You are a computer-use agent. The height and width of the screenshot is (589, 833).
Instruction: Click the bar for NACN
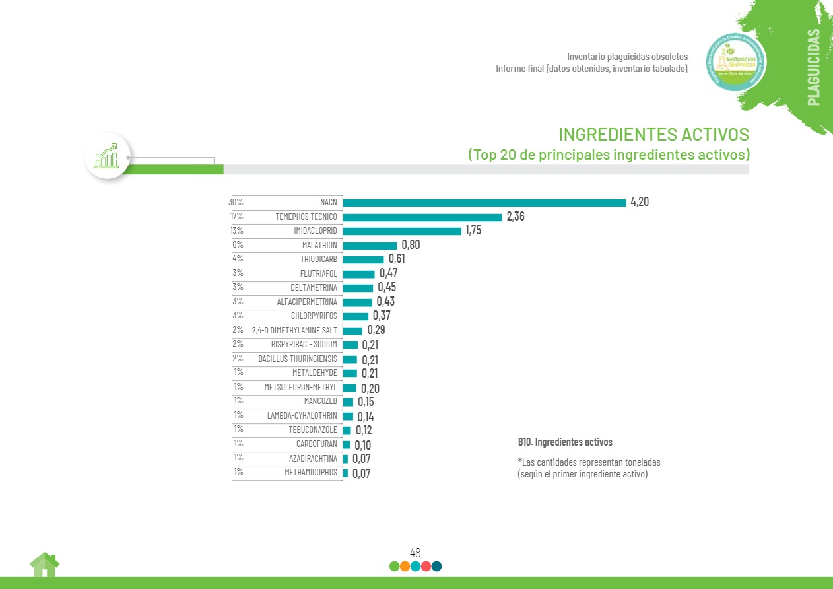[484, 203]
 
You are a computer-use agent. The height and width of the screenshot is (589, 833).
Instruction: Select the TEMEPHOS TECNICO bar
[422, 217]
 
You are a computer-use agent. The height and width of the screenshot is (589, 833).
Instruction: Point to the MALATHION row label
[319, 245]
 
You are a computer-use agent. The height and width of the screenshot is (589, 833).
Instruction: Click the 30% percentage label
[236, 202]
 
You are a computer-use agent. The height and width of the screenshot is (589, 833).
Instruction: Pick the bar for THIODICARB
[363, 260]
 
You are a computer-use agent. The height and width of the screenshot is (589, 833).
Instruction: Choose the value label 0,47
[388, 273]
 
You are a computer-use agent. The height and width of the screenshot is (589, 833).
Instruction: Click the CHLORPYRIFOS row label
[314, 316]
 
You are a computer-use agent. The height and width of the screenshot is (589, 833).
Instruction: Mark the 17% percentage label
[236, 216]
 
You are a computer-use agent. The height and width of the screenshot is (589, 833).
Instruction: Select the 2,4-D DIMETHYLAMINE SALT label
[294, 330]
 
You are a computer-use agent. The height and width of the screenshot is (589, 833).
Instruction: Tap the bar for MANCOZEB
[348, 402]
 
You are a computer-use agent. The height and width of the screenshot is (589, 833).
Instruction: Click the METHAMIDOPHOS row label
[311, 473]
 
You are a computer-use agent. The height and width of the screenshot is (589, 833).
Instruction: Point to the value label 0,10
[362, 446]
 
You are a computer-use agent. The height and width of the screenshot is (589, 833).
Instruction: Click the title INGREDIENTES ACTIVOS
[653, 135]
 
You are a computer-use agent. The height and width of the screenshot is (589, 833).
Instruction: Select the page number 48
[415, 553]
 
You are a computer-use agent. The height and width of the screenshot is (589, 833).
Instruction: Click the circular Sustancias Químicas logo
[736, 63]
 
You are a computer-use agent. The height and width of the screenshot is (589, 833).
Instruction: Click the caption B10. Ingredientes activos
[565, 442]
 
